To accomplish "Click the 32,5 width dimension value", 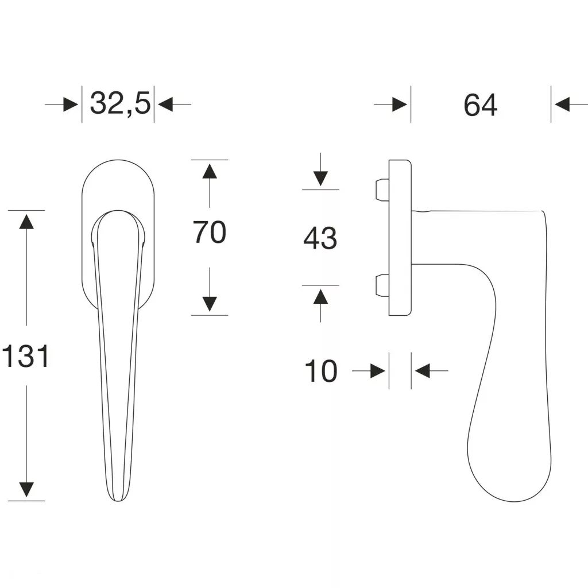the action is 121,103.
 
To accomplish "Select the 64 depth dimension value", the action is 481,106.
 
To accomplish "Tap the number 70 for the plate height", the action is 210,233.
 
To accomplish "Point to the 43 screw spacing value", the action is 320,238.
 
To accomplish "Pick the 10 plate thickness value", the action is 321,371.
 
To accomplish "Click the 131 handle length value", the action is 25,356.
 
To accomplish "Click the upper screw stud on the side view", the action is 382,190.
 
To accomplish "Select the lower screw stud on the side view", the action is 382,285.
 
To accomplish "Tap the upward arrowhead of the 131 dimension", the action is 26,221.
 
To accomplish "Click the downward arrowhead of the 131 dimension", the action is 26,490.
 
